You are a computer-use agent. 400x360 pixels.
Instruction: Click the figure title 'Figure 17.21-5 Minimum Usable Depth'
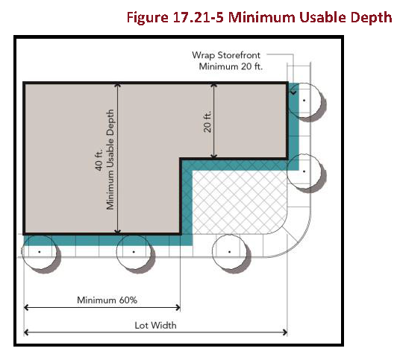click(259, 18)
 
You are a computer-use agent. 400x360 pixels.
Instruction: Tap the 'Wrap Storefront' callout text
click(226, 55)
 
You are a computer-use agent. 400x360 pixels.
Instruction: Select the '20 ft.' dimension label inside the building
click(207, 121)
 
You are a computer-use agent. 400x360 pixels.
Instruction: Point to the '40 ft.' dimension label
click(99, 160)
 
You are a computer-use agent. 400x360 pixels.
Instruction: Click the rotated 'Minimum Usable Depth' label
click(110, 160)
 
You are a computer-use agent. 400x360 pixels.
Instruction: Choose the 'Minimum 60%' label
click(107, 300)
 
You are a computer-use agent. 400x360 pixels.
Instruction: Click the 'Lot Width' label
click(155, 326)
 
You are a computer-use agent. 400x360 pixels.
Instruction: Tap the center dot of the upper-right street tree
click(304, 101)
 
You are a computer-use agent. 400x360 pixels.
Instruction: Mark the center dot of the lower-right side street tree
click(304, 171)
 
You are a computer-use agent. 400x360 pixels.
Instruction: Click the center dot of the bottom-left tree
click(40, 252)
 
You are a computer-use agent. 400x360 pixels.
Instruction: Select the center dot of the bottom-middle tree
click(134, 252)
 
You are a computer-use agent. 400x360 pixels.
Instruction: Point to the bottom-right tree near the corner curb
click(231, 253)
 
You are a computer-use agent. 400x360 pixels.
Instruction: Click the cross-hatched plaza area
click(240, 202)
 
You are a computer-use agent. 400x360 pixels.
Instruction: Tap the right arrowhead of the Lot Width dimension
click(285, 332)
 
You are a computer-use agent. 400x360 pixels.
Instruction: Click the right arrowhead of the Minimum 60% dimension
click(178, 308)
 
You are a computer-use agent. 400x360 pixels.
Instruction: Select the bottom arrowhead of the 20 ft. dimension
click(214, 156)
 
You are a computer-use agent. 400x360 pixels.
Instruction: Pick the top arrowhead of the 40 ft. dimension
click(117, 85)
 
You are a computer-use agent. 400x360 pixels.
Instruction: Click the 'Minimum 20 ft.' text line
click(231, 66)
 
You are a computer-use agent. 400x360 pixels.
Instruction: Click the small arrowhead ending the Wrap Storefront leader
click(293, 92)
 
